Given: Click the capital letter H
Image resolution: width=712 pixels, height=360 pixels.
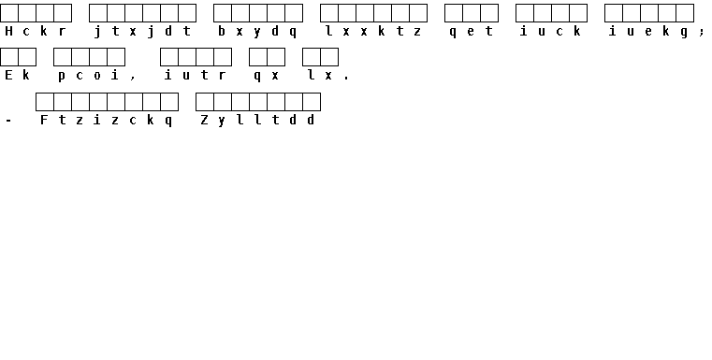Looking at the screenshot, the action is click(8, 31).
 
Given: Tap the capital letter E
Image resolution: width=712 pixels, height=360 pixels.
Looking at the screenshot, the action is click(8, 75).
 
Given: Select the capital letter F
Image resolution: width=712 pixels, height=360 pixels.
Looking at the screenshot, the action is click(44, 120).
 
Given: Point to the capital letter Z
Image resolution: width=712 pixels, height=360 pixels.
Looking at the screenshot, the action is click(204, 120).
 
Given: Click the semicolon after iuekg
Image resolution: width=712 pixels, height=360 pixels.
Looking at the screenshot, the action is click(702, 32).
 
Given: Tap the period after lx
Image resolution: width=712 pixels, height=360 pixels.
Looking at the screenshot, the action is click(346, 79).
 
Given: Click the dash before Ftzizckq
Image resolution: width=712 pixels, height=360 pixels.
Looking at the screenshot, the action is click(8, 121).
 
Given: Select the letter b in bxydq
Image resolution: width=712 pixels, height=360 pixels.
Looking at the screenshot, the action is click(222, 31).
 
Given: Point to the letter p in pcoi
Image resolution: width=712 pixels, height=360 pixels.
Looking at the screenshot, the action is click(62, 77).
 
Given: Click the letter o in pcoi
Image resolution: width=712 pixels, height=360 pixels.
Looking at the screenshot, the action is click(97, 76).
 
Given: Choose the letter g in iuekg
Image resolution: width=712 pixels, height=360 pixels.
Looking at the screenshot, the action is click(684, 32).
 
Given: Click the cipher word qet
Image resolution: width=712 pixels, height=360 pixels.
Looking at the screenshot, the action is click(471, 31).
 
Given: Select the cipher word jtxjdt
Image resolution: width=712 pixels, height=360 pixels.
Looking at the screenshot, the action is click(142, 31).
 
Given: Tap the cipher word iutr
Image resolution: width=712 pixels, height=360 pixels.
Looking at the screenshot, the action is click(196, 75).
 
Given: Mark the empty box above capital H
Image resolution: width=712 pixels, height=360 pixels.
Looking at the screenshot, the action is click(9, 13).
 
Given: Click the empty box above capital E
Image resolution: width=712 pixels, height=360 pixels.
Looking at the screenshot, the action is click(9, 57).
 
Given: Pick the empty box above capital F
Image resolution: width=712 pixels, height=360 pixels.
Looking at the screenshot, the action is click(45, 102).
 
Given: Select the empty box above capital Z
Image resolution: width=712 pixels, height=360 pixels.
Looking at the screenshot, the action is click(205, 102).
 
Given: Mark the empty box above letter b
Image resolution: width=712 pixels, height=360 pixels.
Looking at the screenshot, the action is click(223, 13).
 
